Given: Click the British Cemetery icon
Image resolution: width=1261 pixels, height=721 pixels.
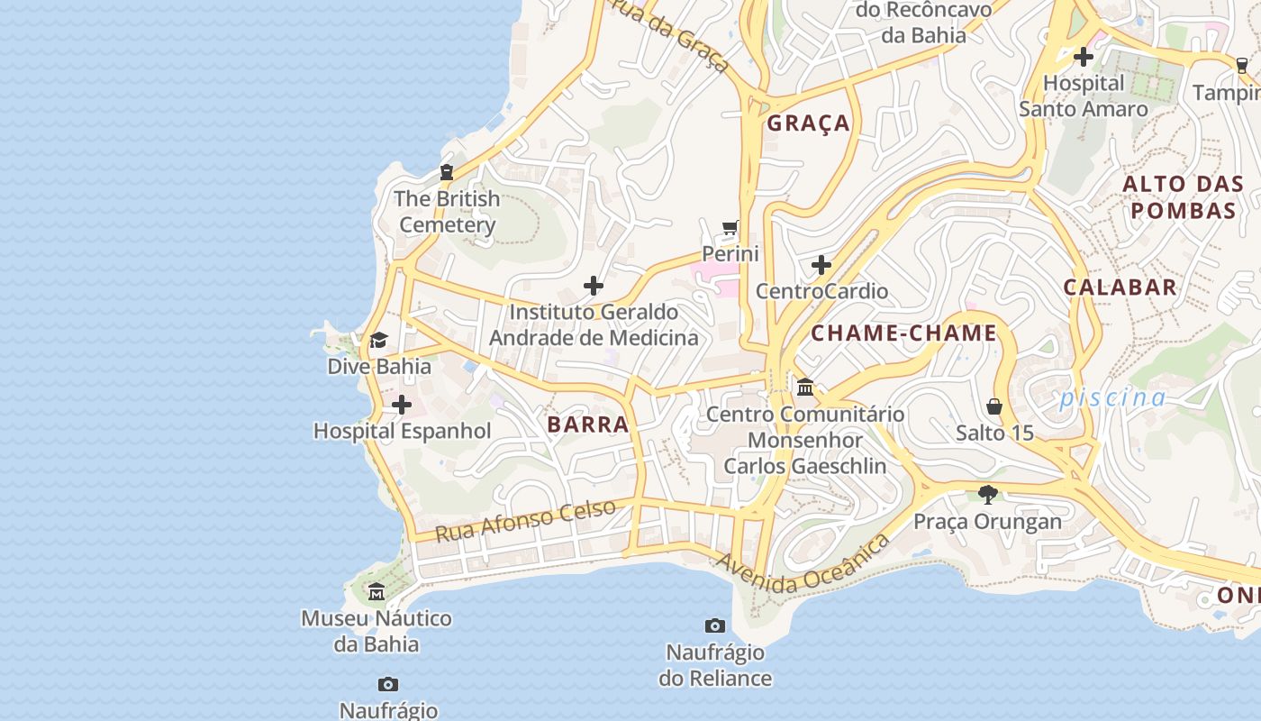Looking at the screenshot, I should coord(446,172).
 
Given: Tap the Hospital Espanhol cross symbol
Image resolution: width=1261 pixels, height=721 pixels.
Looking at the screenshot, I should coord(402,405).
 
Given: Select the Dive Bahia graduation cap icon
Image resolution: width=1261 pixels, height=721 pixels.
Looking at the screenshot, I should coord(378,341).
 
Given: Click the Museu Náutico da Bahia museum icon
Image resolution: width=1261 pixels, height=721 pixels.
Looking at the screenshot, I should coord(376,592).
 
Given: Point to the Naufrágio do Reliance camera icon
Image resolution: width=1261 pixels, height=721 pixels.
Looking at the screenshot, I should coord(715,625).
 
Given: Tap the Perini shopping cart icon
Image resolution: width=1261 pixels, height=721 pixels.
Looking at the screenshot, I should coord(730,227).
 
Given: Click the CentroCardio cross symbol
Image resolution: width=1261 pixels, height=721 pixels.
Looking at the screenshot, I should coord(821,265).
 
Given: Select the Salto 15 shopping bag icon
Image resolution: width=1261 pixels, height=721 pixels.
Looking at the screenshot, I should coord(994,406).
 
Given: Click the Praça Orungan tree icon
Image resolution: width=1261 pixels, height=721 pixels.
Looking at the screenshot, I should coord(988,495).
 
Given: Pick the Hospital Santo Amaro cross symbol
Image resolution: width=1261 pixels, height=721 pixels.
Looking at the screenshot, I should coord(1084,57).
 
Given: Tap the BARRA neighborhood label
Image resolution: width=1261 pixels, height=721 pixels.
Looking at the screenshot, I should coord(588,424).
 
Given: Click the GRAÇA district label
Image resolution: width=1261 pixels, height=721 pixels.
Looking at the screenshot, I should coord(809,123).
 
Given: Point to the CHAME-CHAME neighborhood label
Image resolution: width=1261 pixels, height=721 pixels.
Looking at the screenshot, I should coord(903,333).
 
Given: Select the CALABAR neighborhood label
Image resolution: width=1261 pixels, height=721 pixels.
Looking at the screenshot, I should coord(1120,287).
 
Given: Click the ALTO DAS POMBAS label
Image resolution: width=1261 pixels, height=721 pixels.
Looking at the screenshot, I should coord(1183,197).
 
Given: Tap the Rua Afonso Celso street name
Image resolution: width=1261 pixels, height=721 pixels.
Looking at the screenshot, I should coord(526,520).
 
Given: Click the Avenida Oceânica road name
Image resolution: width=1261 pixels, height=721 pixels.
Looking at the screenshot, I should coord(803,564).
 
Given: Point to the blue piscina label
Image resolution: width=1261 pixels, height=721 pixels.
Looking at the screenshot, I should coord(1112,397).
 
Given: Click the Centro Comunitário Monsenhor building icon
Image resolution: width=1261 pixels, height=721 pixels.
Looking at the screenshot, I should coord(805,388).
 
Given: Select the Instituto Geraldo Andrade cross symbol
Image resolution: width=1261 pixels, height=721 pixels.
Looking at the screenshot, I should coord(594,287).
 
